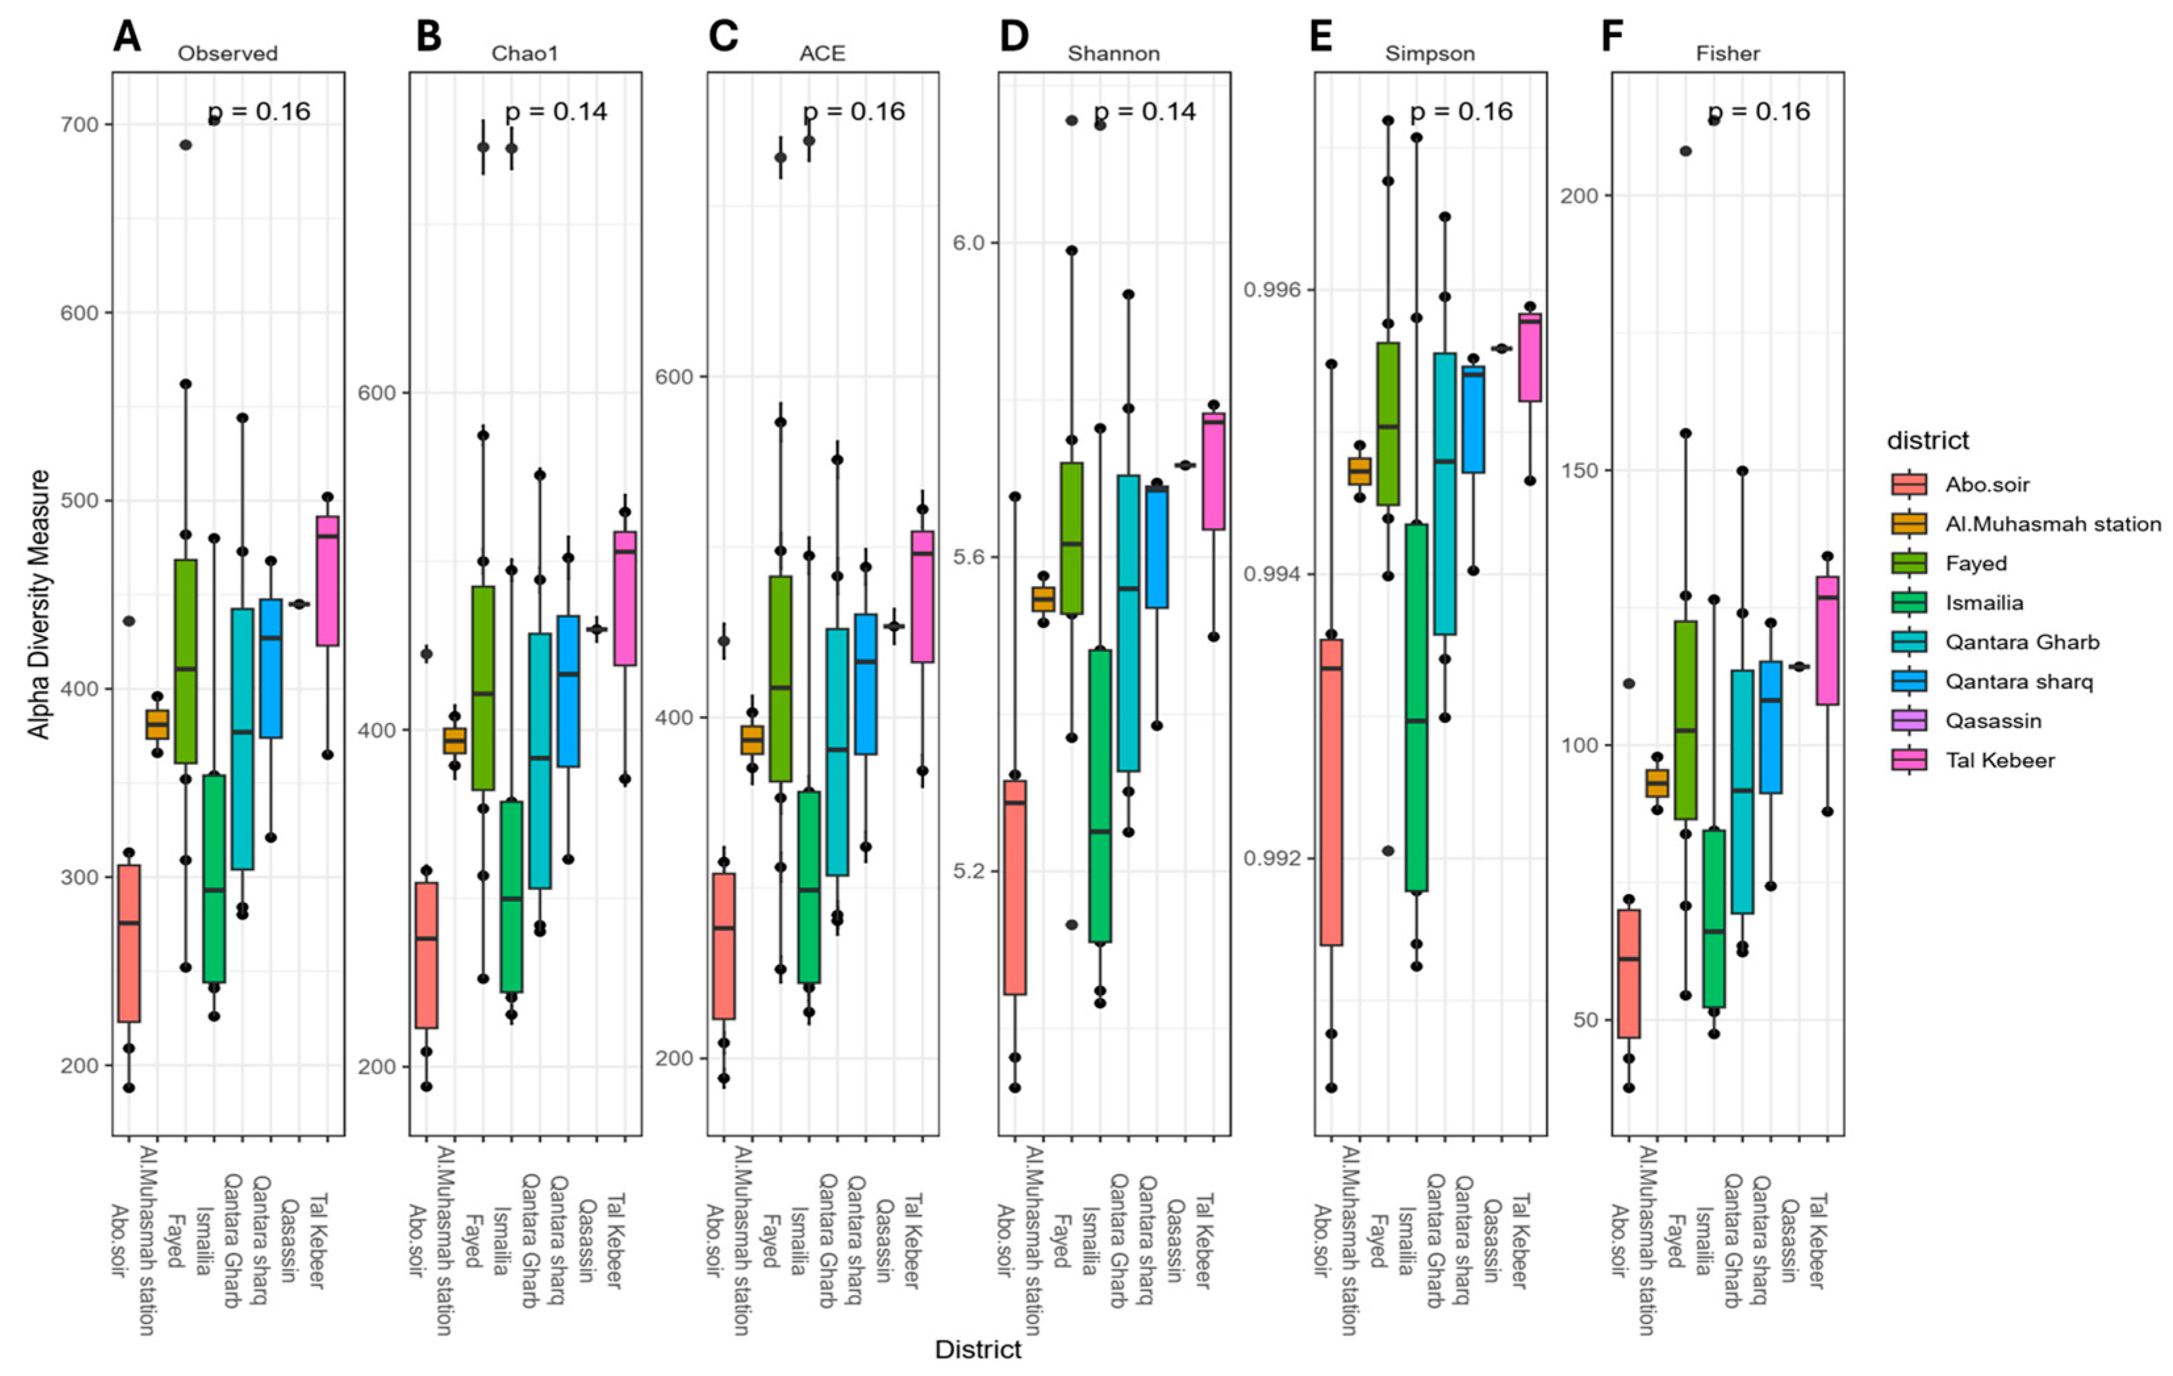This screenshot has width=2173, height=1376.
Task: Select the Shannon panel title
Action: [1113, 53]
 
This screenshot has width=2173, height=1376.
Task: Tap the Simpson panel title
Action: [1430, 53]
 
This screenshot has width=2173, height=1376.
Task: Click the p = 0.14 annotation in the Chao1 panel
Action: [556, 112]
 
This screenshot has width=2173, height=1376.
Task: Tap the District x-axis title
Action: [978, 1350]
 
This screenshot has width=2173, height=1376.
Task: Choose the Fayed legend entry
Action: [1976, 564]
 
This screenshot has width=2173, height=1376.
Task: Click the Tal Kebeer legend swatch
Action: [1909, 760]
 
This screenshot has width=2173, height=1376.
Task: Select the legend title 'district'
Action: [1928, 441]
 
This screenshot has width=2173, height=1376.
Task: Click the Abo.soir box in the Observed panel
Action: [129, 943]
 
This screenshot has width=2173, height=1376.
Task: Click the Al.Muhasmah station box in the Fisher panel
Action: [1657, 783]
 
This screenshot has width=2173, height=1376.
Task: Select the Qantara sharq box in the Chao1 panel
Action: [569, 691]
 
